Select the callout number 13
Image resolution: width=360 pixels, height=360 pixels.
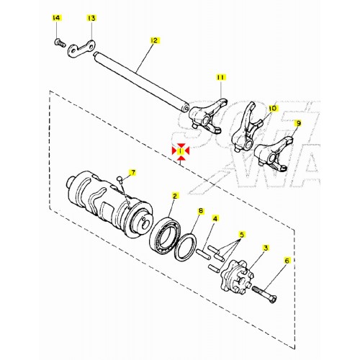click(x=91, y=17)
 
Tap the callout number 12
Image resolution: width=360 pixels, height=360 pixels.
click(x=153, y=41)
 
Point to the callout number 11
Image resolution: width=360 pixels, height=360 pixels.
click(x=221, y=76)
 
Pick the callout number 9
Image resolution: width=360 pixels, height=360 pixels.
click(x=298, y=123)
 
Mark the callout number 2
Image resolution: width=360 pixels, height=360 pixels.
click(x=174, y=196)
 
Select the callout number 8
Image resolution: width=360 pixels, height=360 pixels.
click(x=201, y=211)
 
